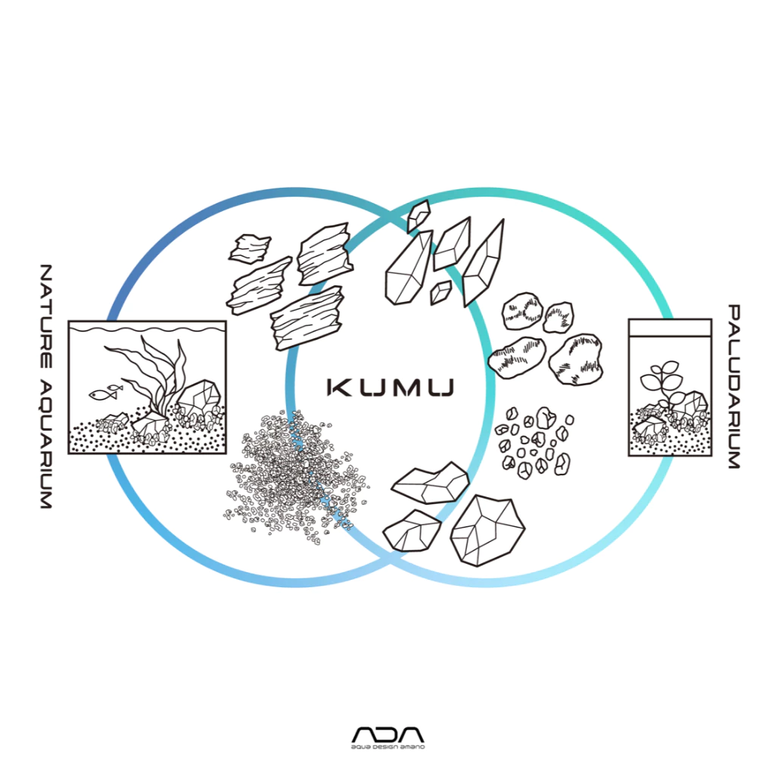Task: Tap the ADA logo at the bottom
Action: (x=387, y=736)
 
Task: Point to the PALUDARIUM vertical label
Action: (x=733, y=386)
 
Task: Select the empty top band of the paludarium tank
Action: (x=670, y=327)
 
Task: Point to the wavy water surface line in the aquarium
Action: (x=147, y=330)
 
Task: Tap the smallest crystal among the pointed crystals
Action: (x=439, y=292)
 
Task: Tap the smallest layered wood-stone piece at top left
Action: (x=250, y=248)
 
